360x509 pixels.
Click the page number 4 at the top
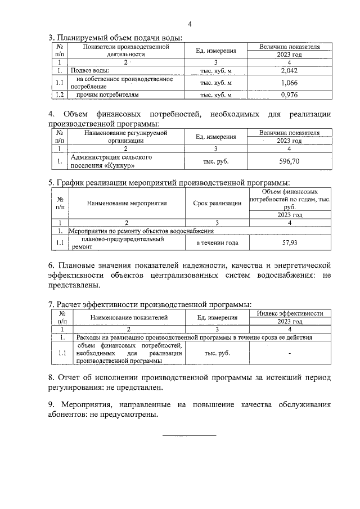click(x=190, y=24)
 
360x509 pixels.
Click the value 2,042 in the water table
click(x=289, y=71)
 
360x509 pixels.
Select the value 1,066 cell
click(x=289, y=83)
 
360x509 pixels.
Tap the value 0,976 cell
click(x=289, y=95)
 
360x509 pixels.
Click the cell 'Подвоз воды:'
click(x=89, y=71)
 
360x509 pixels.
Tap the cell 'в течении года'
click(x=217, y=243)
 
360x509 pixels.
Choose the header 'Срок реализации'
click(x=217, y=203)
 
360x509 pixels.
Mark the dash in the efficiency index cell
click(x=289, y=353)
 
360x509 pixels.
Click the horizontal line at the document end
click(x=189, y=435)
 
